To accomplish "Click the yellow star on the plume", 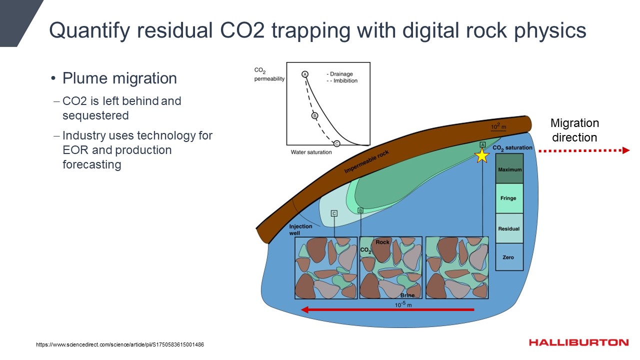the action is [481, 155].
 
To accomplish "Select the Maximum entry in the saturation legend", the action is [509, 169].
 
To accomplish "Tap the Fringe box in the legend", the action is [509, 198].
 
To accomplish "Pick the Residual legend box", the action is [509, 228].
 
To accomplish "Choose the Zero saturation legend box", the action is [509, 257].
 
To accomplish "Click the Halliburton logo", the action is [578, 342].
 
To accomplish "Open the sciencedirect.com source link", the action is [120, 345].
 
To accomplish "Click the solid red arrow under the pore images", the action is [387, 310].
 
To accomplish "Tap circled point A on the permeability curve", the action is [304, 74].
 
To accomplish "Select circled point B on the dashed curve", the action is [315, 116].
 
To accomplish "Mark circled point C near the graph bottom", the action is [336, 143].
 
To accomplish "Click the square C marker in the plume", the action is [334, 213].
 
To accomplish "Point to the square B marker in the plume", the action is [360, 210].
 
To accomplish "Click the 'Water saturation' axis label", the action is [311, 152].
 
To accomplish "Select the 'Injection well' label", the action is [300, 229].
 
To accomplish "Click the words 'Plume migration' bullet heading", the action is [119, 78].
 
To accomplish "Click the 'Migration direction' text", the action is [574, 130].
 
